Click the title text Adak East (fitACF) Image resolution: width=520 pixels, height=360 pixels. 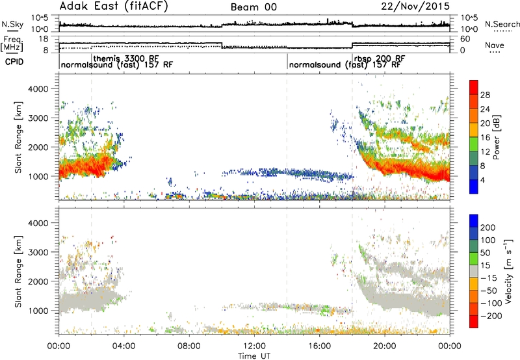tap(114, 6)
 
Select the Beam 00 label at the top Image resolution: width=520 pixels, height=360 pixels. tap(253, 7)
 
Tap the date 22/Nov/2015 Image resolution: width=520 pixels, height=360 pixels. tap(415, 6)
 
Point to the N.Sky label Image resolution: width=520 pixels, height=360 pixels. tap(12, 24)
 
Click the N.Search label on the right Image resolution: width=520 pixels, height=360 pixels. tap(502, 24)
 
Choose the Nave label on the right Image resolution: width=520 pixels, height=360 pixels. tap(495, 45)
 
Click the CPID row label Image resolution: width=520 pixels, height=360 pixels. tap(14, 62)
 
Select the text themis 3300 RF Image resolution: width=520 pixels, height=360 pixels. tap(126, 58)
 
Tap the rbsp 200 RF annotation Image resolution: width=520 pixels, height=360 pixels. tap(380, 58)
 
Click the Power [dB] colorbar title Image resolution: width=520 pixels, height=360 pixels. tap(497, 137)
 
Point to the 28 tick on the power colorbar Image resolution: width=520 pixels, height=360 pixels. tap(485, 95)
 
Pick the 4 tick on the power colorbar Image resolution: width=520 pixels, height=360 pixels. tap(483, 180)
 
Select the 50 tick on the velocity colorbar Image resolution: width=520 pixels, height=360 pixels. tap(485, 253)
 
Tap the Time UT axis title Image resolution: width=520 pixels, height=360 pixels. tap(254, 356)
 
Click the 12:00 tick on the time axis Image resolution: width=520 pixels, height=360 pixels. tap(254, 346)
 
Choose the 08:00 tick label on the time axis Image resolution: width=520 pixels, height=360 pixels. tap(189, 346)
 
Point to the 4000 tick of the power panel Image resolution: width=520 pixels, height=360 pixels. tap(38, 89)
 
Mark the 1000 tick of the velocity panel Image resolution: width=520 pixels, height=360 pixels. tap(38, 311)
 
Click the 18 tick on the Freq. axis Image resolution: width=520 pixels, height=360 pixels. tap(44, 39)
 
